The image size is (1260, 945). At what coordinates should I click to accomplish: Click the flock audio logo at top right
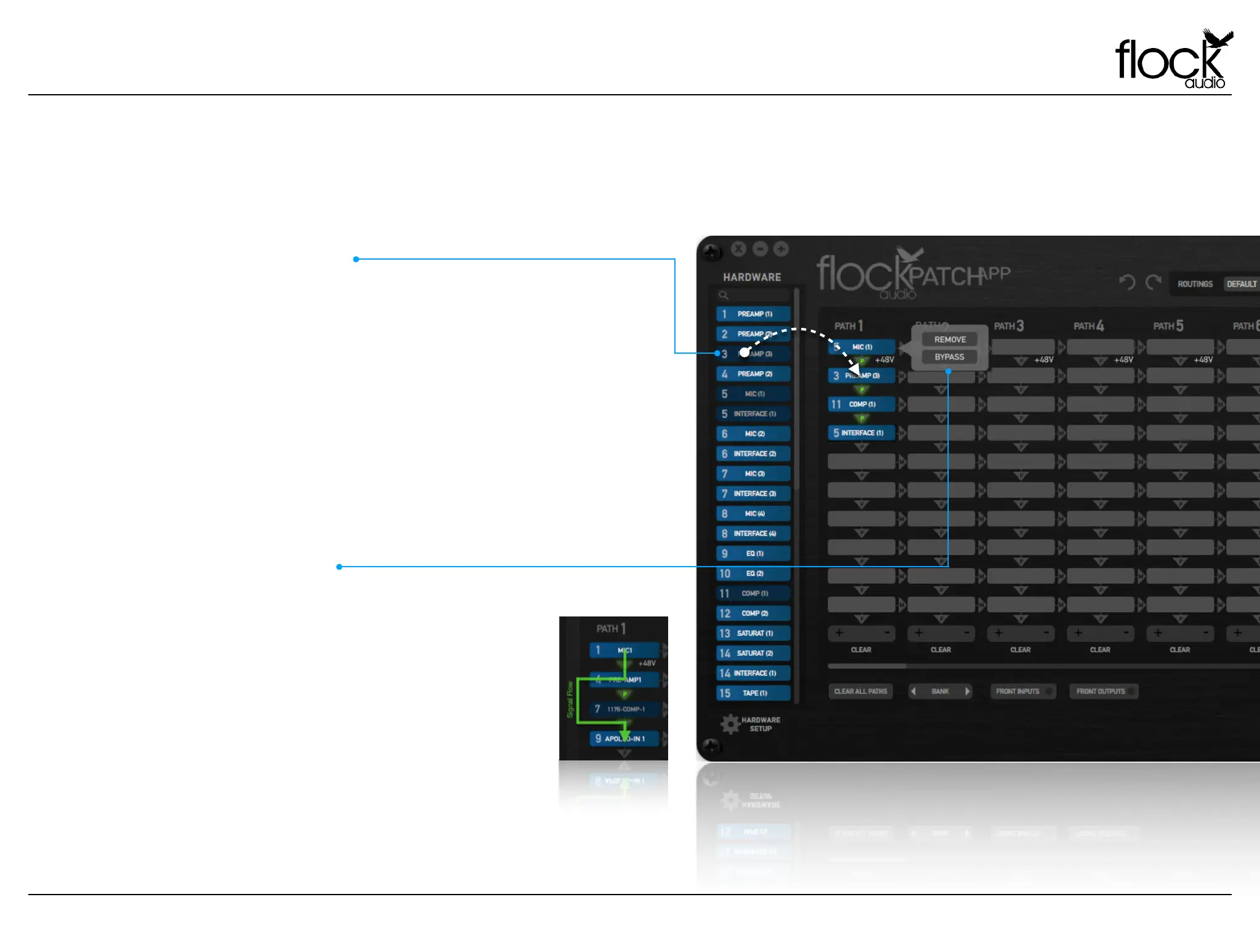click(x=1173, y=60)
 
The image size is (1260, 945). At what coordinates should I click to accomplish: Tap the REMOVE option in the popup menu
click(x=949, y=340)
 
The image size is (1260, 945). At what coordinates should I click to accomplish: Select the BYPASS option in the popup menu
click(x=949, y=357)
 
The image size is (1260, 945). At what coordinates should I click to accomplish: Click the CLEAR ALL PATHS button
click(x=860, y=692)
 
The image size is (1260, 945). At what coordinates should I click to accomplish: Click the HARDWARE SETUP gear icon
click(x=730, y=724)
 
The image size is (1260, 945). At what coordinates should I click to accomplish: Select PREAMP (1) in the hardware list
click(x=754, y=314)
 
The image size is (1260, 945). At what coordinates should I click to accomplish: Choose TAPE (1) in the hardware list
click(x=754, y=693)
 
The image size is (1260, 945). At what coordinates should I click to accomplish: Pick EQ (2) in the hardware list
click(x=754, y=573)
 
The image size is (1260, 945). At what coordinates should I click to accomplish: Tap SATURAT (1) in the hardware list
click(x=754, y=633)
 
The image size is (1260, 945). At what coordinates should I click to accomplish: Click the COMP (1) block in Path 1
click(x=861, y=404)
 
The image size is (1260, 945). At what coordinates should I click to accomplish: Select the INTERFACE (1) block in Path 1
click(x=861, y=433)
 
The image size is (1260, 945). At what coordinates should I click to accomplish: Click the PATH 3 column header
click(x=1009, y=326)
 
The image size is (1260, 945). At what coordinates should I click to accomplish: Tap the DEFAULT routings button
click(x=1241, y=284)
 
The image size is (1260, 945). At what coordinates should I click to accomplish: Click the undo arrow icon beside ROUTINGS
click(x=1127, y=282)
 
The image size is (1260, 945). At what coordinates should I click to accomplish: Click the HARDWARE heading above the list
click(x=752, y=277)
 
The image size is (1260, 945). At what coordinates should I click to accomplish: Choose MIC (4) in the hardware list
click(x=754, y=514)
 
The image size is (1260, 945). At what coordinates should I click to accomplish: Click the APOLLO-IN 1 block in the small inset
click(x=624, y=738)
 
